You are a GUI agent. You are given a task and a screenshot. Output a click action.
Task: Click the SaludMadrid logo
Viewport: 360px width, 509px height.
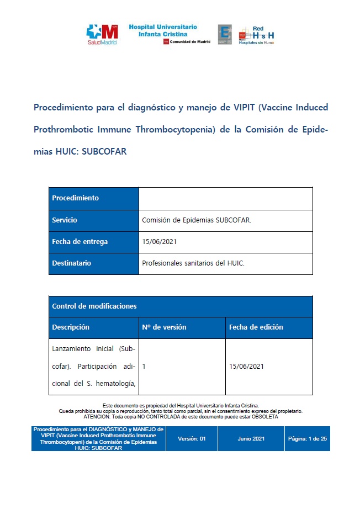102,34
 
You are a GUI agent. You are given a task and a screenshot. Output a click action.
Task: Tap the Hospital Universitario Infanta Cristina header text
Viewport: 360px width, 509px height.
163,30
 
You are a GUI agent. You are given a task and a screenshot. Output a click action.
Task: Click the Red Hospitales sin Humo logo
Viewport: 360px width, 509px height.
256,35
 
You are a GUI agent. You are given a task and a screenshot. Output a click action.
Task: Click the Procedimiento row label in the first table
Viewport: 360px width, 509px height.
75,198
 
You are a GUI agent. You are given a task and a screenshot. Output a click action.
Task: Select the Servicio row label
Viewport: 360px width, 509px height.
65,220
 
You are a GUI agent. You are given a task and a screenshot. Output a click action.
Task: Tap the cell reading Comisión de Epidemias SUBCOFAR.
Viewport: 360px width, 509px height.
196,220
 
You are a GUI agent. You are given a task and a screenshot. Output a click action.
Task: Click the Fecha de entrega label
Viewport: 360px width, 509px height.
80,241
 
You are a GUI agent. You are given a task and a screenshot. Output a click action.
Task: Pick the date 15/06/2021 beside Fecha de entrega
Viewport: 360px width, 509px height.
160,242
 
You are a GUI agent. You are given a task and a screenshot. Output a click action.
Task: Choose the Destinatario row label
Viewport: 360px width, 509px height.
71,263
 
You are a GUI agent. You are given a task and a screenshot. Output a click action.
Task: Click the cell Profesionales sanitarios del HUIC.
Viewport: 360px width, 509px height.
193,263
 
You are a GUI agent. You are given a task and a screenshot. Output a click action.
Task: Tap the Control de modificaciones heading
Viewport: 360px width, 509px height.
94,306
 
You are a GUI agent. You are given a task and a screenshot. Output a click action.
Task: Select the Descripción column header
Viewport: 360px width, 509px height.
71,327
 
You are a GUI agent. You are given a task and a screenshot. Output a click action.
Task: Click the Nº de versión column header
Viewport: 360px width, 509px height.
164,327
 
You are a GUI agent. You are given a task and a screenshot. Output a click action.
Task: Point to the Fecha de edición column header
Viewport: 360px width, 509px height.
256,327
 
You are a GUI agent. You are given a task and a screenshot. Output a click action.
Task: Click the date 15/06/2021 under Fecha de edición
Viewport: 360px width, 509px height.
246,366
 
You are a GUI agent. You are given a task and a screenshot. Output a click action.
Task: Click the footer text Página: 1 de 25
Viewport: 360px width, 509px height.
308,438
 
